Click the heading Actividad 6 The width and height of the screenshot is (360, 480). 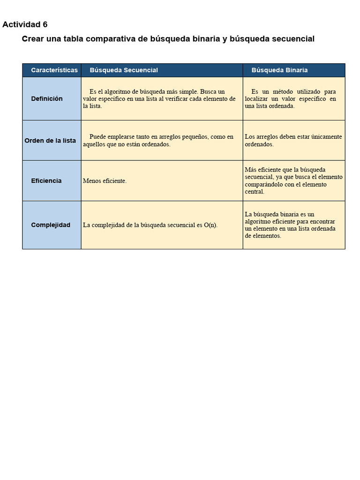pyautogui.click(x=25, y=25)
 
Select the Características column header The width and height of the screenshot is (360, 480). pyautogui.click(x=54, y=70)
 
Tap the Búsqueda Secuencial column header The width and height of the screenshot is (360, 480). pyautogui.click(x=124, y=70)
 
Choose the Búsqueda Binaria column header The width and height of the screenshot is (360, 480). pyautogui.click(x=279, y=70)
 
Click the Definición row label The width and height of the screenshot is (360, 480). pyautogui.click(x=47, y=99)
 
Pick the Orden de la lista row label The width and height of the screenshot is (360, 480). pyautogui.click(x=50, y=141)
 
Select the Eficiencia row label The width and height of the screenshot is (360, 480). pyautogui.click(x=46, y=181)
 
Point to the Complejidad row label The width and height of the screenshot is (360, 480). pyautogui.click(x=51, y=225)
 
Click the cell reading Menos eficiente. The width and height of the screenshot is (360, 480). pyautogui.click(x=105, y=181)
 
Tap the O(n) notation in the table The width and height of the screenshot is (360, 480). pyautogui.click(x=210, y=225)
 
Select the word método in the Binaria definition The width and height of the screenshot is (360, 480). pyautogui.click(x=281, y=92)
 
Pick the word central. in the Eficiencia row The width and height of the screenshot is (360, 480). pyautogui.click(x=255, y=192)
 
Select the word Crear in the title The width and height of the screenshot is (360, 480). pyautogui.click(x=33, y=39)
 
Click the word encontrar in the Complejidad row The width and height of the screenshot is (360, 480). pyautogui.click(x=322, y=222)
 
